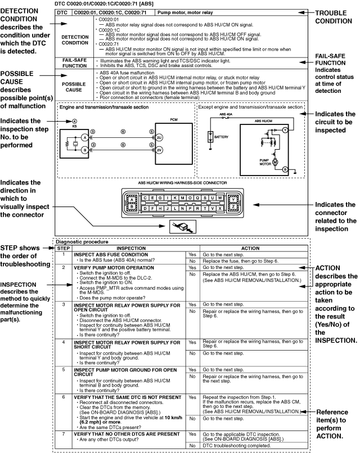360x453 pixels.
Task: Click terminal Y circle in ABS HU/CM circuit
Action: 285,129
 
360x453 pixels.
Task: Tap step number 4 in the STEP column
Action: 64,342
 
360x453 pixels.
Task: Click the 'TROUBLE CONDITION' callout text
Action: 337,16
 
